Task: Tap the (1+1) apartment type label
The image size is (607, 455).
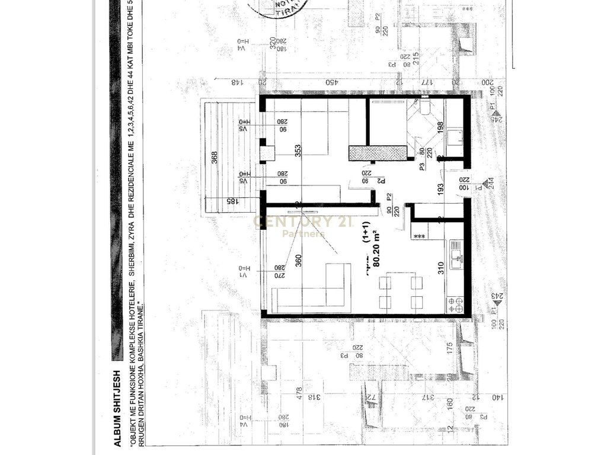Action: point(368,243)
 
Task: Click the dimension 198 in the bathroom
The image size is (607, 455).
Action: point(439,127)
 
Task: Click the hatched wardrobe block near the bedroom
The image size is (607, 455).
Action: point(378,153)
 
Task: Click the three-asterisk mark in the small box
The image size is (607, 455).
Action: point(420,236)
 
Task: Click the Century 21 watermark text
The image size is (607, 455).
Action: point(303,222)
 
